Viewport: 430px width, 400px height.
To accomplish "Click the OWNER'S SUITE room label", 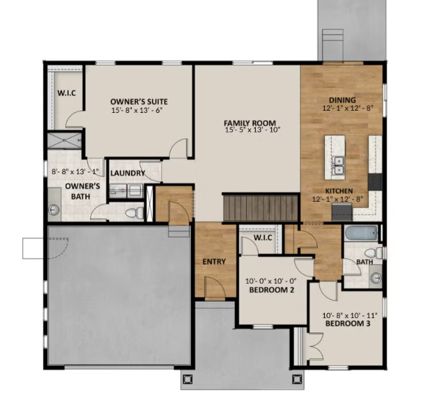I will click(x=137, y=101).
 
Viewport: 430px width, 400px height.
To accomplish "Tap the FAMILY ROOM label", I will click(x=250, y=121).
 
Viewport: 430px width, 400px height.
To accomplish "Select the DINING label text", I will click(x=342, y=99).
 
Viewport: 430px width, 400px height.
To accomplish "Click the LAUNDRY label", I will click(x=128, y=173).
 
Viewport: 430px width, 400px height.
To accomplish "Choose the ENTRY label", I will click(x=214, y=262).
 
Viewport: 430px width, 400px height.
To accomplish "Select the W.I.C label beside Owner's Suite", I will click(x=66, y=92).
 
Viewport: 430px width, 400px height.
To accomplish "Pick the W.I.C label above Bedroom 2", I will click(x=262, y=237).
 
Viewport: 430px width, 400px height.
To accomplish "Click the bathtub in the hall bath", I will click(x=361, y=234).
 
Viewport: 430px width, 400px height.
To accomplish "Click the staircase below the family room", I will click(x=262, y=207).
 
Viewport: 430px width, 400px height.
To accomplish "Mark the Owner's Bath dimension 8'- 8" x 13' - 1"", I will click(x=75, y=171).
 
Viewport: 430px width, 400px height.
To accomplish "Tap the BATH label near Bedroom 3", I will click(x=364, y=262).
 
